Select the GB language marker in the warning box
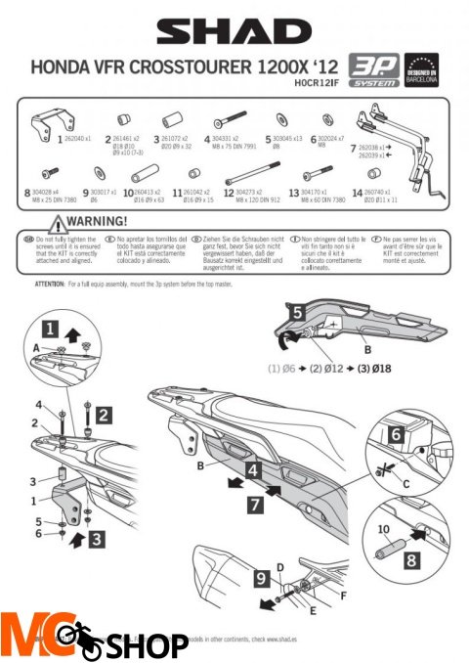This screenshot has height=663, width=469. click(x=29, y=238)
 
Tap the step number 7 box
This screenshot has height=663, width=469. click(x=251, y=506)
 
